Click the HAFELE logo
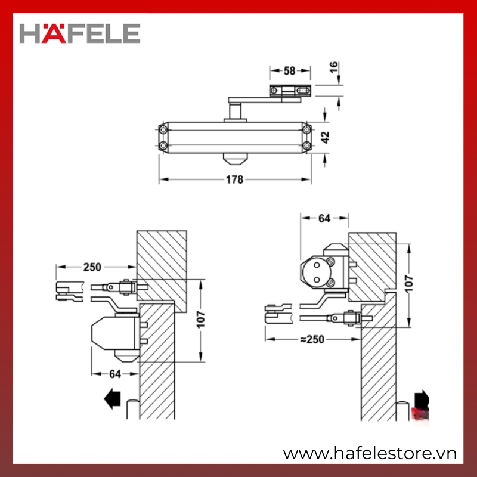pos(80,33)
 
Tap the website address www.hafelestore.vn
pos(370,454)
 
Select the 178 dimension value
pos(234,179)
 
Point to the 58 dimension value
pos(289,70)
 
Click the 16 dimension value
pos(334,67)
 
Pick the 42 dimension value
pos(325,137)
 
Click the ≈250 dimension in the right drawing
pos(312,339)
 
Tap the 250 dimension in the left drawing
pos(92,267)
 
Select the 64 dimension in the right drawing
pos(324,218)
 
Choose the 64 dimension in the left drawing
pos(115,374)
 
